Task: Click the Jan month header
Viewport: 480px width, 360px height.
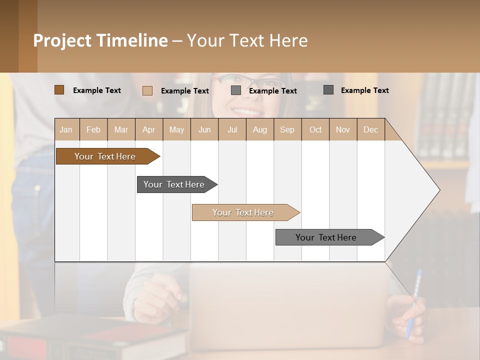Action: [x=66, y=129]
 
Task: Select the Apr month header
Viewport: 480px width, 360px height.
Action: [x=149, y=129]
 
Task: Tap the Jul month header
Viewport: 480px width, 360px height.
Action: [x=232, y=129]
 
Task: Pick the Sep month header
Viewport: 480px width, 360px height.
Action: [x=287, y=129]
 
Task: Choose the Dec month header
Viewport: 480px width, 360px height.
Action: [x=370, y=129]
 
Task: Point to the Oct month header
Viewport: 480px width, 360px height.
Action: [x=315, y=129]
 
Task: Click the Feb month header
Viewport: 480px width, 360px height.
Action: [x=93, y=129]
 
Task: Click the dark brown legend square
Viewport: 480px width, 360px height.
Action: [x=59, y=90]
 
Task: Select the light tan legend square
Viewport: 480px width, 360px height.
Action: [x=147, y=90]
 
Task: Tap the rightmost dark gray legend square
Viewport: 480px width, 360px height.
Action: [x=328, y=90]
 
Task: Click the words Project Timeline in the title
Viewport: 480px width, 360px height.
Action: [x=100, y=40]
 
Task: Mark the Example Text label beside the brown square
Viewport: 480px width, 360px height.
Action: [x=97, y=90]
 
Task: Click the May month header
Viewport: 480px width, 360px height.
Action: [x=176, y=129]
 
